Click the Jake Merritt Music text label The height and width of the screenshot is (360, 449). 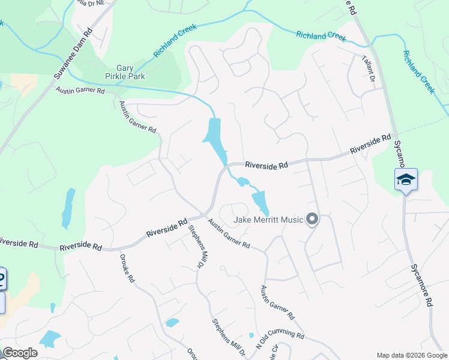[268, 220]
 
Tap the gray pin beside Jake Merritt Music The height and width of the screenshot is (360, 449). [312, 220]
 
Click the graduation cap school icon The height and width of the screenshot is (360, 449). [406, 179]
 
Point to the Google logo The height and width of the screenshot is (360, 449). [20, 353]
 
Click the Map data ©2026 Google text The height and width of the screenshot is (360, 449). [411, 355]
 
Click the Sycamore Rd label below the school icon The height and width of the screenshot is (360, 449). [422, 285]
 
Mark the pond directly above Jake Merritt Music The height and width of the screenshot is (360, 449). [260, 202]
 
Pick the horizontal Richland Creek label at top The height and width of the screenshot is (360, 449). [321, 36]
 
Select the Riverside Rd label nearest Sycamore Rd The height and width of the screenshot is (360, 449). [370, 145]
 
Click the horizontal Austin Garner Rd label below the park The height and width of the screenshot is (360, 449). [80, 91]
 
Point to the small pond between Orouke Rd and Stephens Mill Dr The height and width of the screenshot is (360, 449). [172, 323]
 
